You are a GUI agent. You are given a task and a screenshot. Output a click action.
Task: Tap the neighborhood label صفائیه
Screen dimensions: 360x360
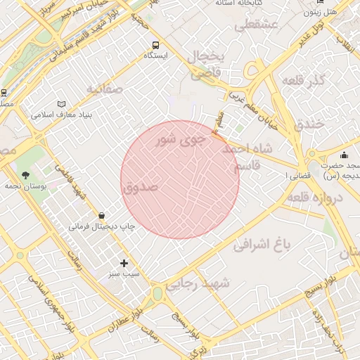(105, 89)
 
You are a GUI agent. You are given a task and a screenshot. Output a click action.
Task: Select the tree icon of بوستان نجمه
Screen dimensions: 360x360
(26, 175)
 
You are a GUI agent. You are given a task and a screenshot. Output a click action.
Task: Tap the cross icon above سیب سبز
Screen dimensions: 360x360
(124, 263)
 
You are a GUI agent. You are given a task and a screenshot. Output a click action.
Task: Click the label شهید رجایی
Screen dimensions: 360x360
(205, 283)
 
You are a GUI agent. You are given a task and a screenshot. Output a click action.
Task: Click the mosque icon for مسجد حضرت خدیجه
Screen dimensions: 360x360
(344, 155)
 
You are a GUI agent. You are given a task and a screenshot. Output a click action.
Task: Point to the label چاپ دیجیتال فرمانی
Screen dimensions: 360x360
(101, 227)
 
